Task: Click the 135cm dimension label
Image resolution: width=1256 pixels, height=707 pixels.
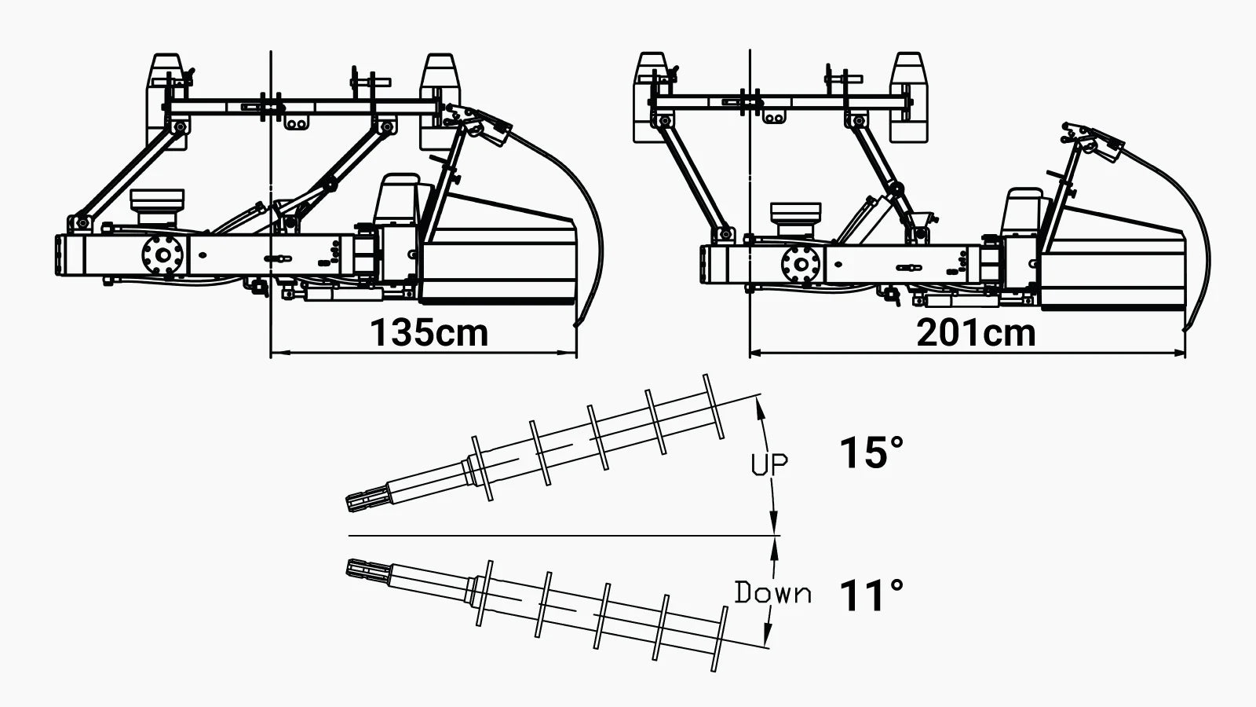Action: (429, 332)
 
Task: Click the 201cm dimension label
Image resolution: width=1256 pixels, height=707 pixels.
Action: (975, 332)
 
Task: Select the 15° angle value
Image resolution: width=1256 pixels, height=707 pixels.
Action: (871, 453)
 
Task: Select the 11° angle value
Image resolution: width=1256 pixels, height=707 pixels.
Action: (871, 595)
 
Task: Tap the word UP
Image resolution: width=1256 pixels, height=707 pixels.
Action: (769, 465)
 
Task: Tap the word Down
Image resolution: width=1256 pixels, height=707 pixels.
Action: (772, 593)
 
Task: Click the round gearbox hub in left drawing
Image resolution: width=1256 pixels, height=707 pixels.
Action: (162, 255)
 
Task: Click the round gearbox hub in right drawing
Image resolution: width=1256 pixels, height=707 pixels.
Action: (800, 263)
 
